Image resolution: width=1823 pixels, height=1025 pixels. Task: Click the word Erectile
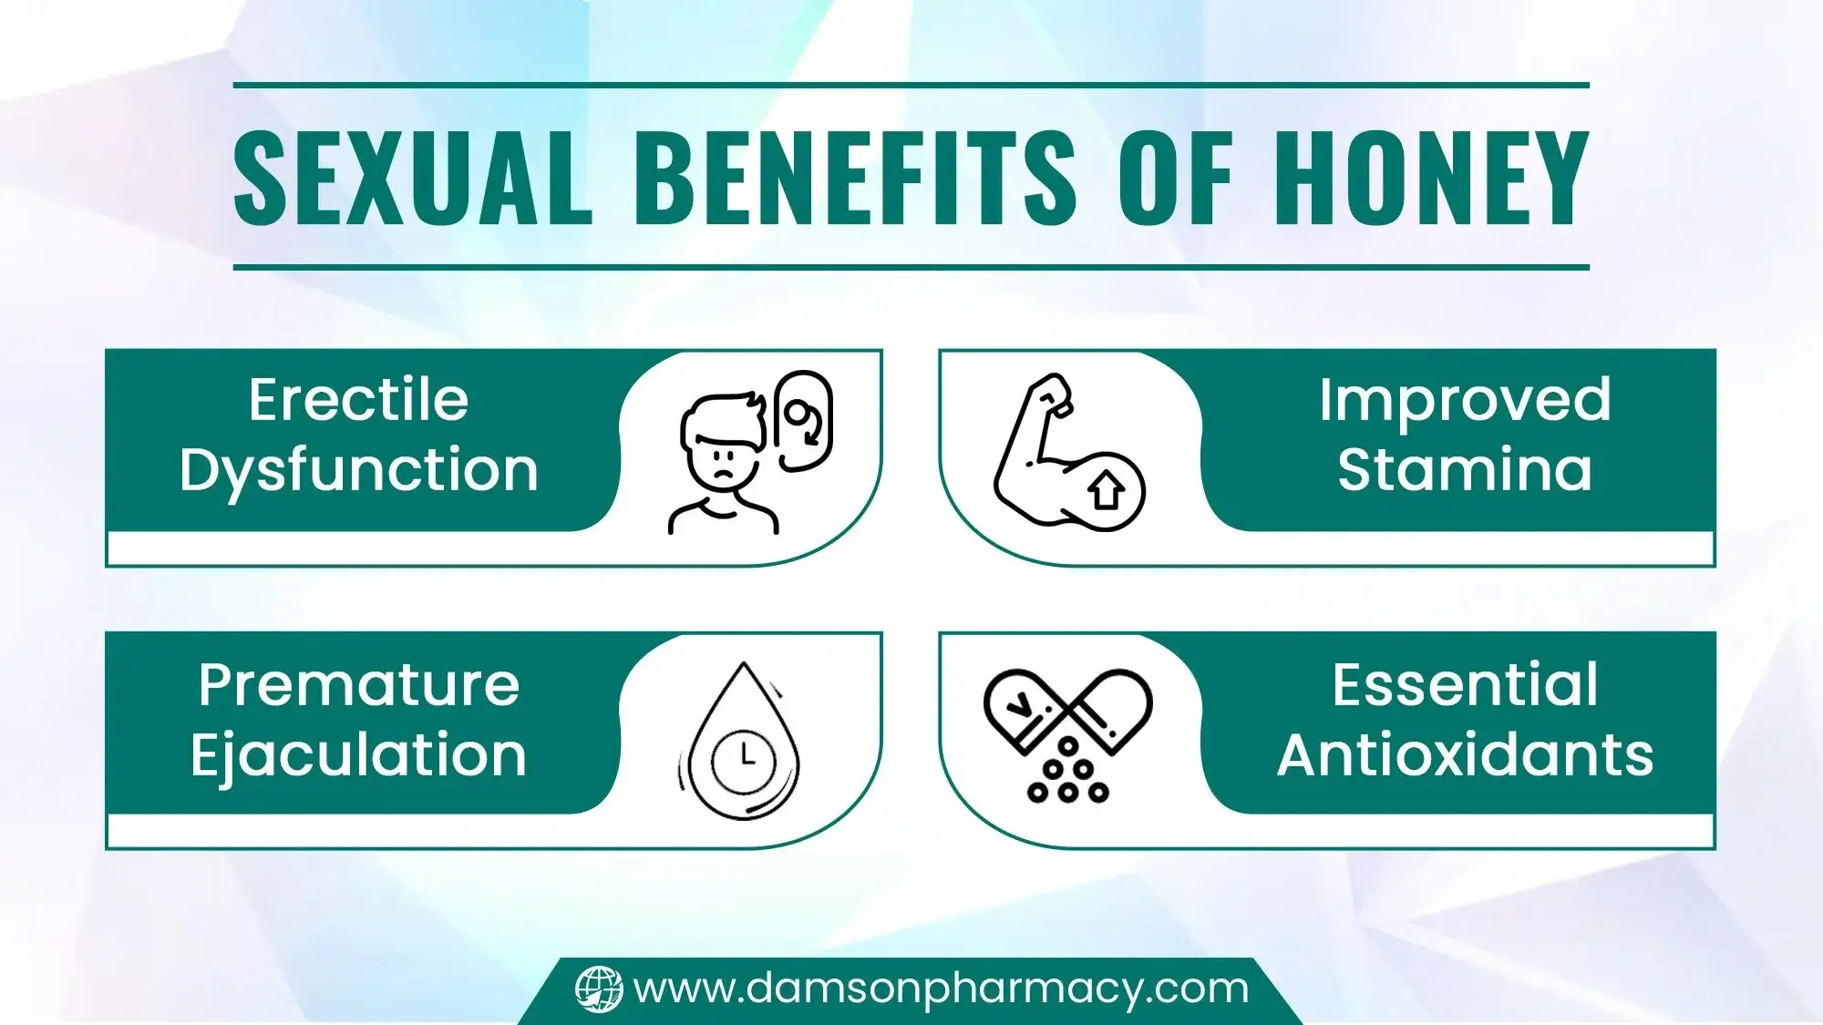click(x=358, y=400)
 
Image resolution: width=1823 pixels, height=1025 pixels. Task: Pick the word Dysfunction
click(x=358, y=471)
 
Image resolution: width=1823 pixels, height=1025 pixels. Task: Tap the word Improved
click(x=1465, y=400)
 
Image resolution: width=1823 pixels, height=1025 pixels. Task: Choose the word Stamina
click(x=1465, y=470)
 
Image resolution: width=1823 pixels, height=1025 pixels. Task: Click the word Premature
click(x=358, y=685)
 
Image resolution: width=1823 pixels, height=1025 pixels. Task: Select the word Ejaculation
click(x=358, y=755)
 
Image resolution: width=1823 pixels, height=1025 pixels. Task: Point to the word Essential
click(x=1465, y=685)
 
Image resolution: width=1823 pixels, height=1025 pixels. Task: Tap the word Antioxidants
click(x=1465, y=755)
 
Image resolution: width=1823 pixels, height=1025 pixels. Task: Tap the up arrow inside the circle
click(x=1107, y=491)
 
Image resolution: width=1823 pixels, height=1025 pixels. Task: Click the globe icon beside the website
click(x=599, y=989)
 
